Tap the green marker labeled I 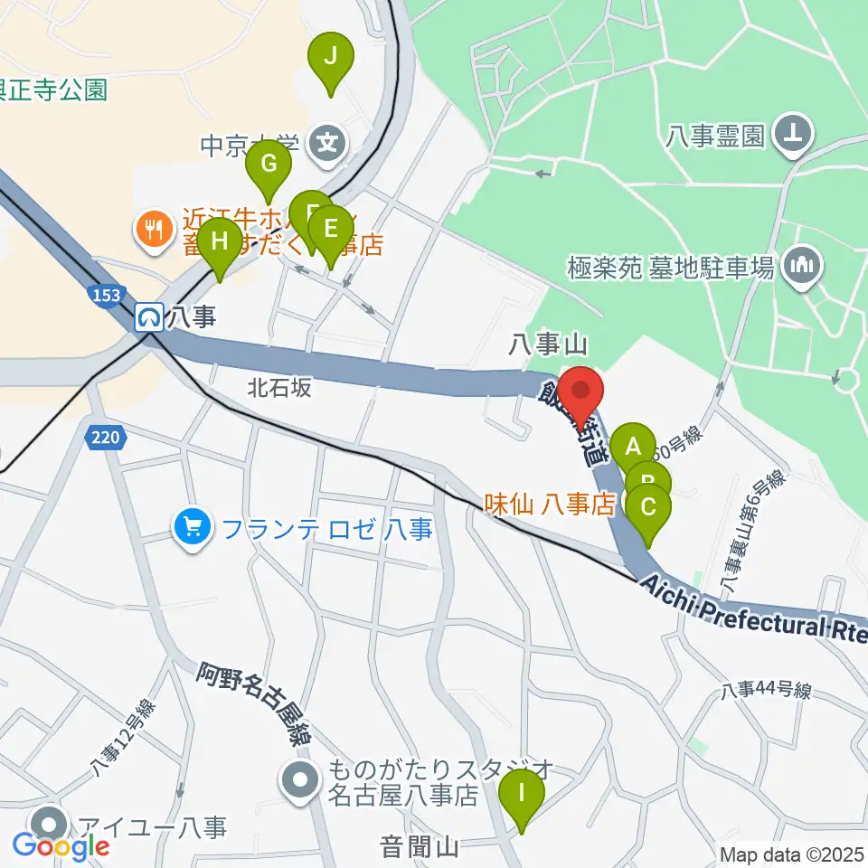[x=523, y=796]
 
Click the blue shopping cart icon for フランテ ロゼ [x=193, y=526]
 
